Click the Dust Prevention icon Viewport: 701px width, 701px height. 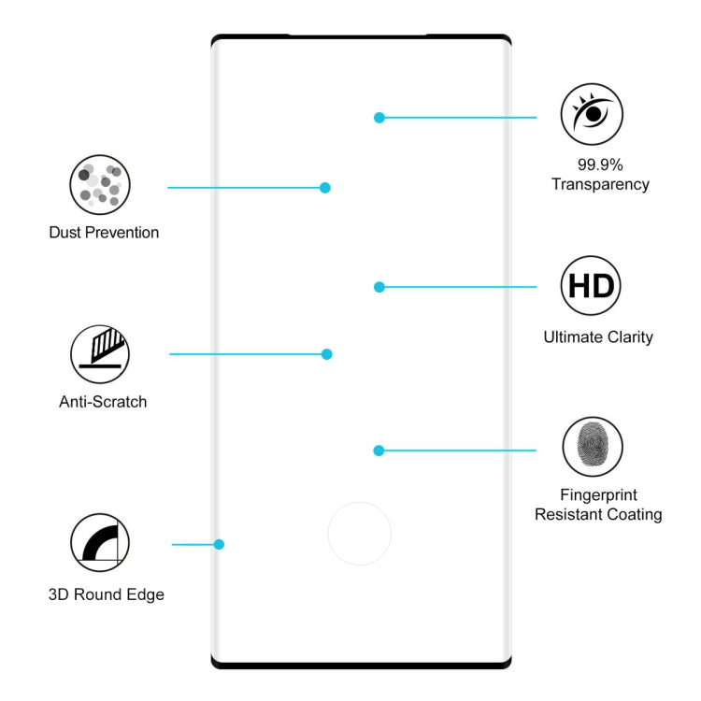pos(100,185)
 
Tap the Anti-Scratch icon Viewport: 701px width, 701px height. pos(100,354)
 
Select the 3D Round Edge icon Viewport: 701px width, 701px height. pos(100,543)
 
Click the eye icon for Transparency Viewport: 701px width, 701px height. pos(591,114)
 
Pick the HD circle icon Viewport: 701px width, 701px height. pos(591,285)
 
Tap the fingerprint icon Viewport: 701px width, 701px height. pos(593,447)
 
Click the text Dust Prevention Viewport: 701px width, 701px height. pos(104,233)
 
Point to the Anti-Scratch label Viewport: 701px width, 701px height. pos(103,402)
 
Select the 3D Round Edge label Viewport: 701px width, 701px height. pos(107,594)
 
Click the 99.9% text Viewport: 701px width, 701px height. pos(600,164)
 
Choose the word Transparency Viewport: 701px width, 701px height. pos(600,184)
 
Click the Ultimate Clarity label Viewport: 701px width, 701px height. pos(598,337)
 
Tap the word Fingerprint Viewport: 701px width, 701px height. pos(598,494)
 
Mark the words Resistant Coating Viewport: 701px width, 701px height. pos(598,514)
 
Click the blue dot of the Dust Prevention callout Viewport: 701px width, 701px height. pos(325,188)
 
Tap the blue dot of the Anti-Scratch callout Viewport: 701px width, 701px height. pos(327,354)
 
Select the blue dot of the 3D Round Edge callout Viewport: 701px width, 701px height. pos(219,544)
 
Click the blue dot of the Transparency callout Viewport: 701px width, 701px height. pos(379,118)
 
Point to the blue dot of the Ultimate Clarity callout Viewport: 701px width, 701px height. pos(379,287)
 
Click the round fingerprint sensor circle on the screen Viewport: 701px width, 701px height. pos(359,534)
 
